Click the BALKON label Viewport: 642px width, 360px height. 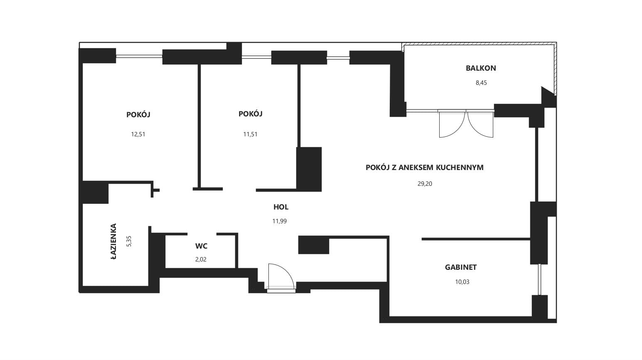pyautogui.click(x=481, y=68)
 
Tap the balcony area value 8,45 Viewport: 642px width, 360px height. pyautogui.click(x=481, y=83)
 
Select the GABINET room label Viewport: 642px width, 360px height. pyautogui.click(x=460, y=267)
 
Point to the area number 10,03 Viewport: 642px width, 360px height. pyautogui.click(x=462, y=282)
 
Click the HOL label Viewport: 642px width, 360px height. pyautogui.click(x=281, y=207)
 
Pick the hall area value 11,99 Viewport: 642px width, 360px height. pyautogui.click(x=279, y=221)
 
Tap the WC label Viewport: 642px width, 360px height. pyautogui.click(x=201, y=246)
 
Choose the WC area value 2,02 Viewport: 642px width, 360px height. pyautogui.click(x=201, y=259)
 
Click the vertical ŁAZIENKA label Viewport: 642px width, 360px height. pyautogui.click(x=113, y=242)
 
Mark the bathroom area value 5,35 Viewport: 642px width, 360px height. pyautogui.click(x=129, y=242)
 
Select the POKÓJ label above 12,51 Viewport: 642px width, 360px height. pyautogui.click(x=138, y=115)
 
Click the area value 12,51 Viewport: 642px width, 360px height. pyautogui.click(x=138, y=134)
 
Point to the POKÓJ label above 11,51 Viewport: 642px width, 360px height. pyautogui.click(x=251, y=114)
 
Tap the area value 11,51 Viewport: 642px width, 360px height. pyautogui.click(x=250, y=134)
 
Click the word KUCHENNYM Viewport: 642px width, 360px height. pyautogui.click(x=460, y=168)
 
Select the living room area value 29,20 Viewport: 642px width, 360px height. pyautogui.click(x=425, y=184)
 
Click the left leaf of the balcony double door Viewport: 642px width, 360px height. pyautogui.click(x=451, y=124)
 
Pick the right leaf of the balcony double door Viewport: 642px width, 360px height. pyautogui.click(x=480, y=124)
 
